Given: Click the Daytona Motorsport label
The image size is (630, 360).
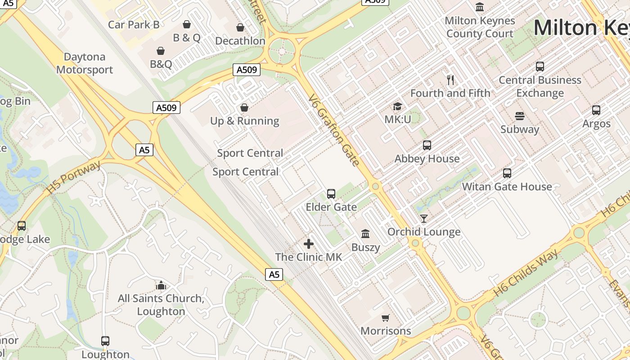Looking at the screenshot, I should pyautogui.click(x=85, y=63).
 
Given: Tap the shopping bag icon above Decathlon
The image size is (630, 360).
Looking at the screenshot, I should pyautogui.click(x=240, y=27).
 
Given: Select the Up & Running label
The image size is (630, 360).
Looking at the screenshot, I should pyautogui.click(x=245, y=121).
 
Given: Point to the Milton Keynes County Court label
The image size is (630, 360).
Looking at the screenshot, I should pyautogui.click(x=480, y=27).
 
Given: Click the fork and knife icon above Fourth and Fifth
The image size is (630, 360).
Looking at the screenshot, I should pyautogui.click(x=450, y=80).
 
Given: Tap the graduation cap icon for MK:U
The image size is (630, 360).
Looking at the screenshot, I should pyautogui.click(x=397, y=107).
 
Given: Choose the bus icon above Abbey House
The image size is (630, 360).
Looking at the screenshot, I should pyautogui.click(x=427, y=145).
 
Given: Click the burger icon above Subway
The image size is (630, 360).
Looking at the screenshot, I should pyautogui.click(x=520, y=116).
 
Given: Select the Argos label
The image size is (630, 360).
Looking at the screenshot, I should pyautogui.click(x=596, y=124).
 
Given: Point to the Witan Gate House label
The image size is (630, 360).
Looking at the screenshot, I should pyautogui.click(x=507, y=187).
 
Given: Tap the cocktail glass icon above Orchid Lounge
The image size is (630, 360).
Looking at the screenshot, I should pyautogui.click(x=424, y=219).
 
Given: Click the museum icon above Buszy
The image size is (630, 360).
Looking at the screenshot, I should pyautogui.click(x=365, y=234).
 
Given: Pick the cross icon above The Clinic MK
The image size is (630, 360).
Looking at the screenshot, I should pyautogui.click(x=309, y=244).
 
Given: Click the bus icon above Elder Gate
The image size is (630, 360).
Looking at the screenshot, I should pyautogui.click(x=331, y=194).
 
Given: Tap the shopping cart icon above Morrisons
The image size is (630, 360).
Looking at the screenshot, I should pyautogui.click(x=386, y=318).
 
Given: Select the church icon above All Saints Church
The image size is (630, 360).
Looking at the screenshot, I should pyautogui.click(x=161, y=285).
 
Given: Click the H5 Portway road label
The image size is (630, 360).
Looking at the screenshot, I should pyautogui.click(x=73, y=178).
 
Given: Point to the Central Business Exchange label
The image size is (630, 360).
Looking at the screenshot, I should pyautogui.click(x=540, y=86).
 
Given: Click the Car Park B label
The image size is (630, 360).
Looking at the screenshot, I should pyautogui.click(x=134, y=24).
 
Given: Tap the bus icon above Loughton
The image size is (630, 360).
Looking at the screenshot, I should pyautogui.click(x=105, y=341).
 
